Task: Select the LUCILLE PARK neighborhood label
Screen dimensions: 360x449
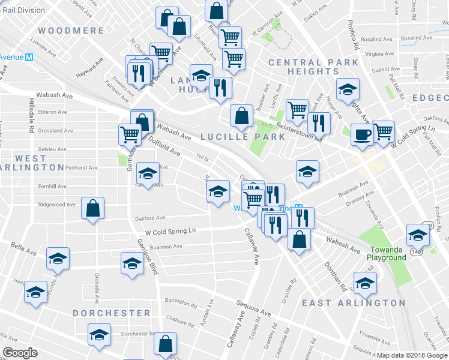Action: pyautogui.click(x=243, y=136)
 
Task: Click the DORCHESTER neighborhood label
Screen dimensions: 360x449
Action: pyautogui.click(x=112, y=313)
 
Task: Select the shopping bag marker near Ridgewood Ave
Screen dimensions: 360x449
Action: pyautogui.click(x=92, y=209)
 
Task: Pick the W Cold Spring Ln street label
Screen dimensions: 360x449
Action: pyautogui.click(x=170, y=230)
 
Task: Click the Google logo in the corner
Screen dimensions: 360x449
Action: pyautogui.click(x=20, y=353)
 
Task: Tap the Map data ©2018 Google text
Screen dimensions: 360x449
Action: pyautogui.click(x=411, y=355)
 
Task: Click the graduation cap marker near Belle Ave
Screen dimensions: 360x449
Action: pyautogui.click(x=58, y=258)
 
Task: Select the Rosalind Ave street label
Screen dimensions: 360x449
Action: pyautogui.click(x=376, y=39)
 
